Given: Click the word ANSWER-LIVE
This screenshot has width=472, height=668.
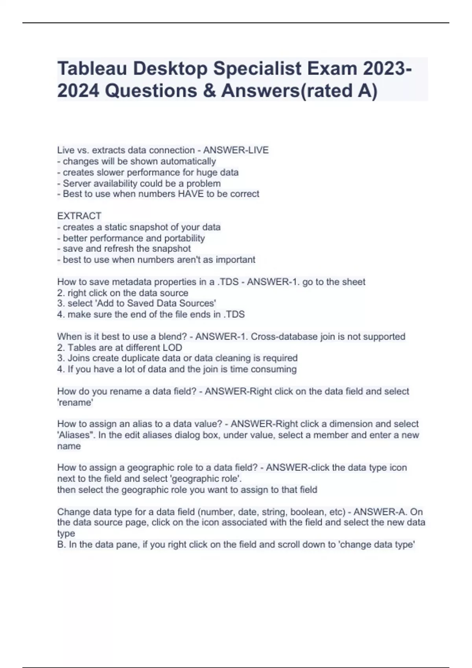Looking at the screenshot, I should [236, 150].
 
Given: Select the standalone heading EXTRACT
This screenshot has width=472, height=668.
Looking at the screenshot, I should [79, 216].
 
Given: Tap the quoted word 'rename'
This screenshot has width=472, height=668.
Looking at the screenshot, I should [75, 402].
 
